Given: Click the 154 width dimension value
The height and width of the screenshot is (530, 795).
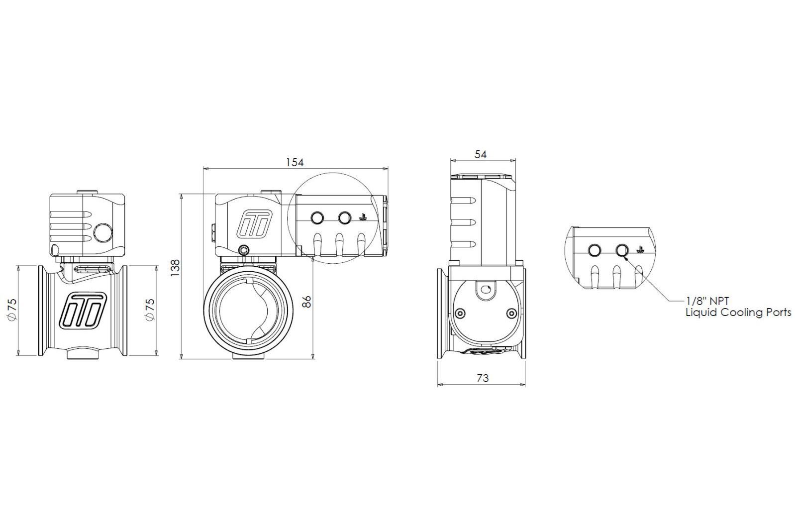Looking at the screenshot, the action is pyautogui.click(x=295, y=163).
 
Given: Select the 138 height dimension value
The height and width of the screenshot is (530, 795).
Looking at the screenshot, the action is pyautogui.click(x=175, y=268).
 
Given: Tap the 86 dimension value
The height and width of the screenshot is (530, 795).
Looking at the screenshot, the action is pyautogui.click(x=307, y=302).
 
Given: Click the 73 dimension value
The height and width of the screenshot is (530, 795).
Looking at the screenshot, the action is pyautogui.click(x=483, y=378).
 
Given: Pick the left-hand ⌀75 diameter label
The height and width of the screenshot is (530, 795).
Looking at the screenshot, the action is pyautogui.click(x=12, y=309).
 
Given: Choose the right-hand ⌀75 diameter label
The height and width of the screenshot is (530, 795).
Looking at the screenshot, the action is pyautogui.click(x=150, y=309).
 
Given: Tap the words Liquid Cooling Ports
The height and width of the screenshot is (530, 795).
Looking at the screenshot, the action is pyautogui.click(x=738, y=313).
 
